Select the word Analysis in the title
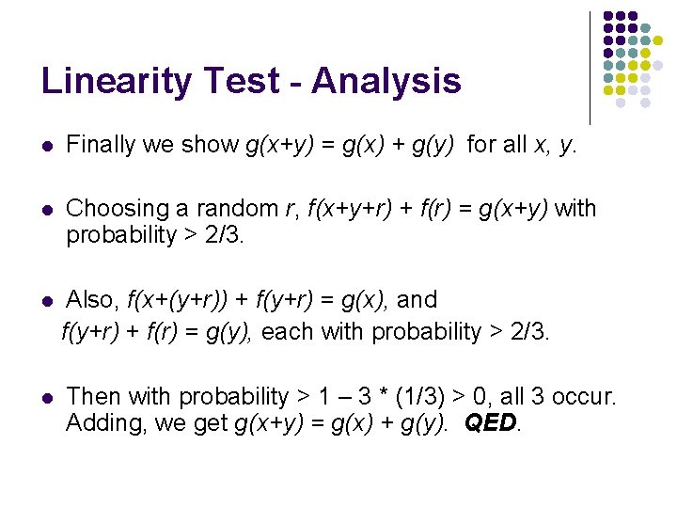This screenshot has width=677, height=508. pyautogui.click(x=386, y=81)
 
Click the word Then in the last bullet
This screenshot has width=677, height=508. pyautogui.click(x=92, y=397)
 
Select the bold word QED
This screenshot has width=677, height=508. pyautogui.click(x=491, y=423)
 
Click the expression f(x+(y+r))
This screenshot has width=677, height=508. pyautogui.click(x=175, y=300)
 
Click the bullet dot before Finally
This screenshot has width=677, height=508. pyautogui.click(x=47, y=146)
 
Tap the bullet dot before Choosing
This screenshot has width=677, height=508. pyautogui.click(x=47, y=209)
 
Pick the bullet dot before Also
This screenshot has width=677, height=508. pyautogui.click(x=47, y=301)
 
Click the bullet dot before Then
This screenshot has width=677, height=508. pyautogui.click(x=47, y=398)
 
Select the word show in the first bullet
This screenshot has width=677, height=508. pyautogui.click(x=212, y=145)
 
